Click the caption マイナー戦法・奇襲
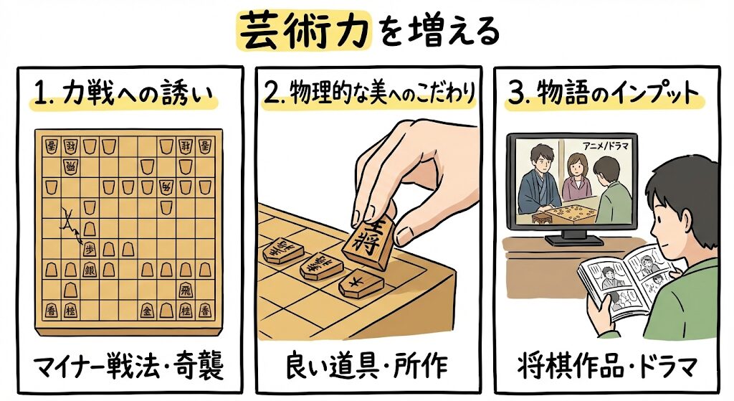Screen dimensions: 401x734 point(128,367)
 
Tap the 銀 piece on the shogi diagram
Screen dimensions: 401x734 point(90,269)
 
